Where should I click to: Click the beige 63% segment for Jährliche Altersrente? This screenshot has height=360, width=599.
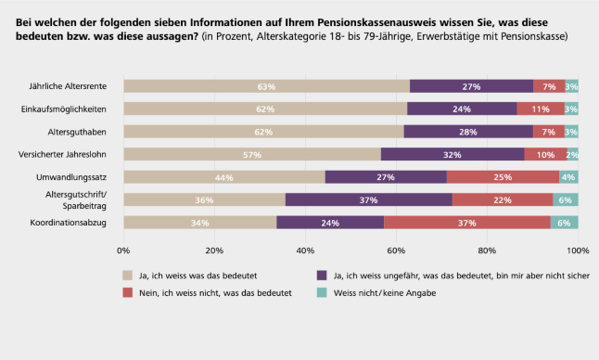267,86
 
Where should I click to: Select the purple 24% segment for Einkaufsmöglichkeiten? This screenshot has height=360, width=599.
462,109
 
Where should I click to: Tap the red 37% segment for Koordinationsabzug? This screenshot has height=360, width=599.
467,223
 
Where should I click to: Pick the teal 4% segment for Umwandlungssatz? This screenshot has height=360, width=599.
568,177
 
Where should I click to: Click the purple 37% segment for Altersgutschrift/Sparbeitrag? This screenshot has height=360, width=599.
369,199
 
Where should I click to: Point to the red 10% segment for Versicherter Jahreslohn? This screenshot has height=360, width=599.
545,154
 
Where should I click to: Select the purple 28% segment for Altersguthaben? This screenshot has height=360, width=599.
468,132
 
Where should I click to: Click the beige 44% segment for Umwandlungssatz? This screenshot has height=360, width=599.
224,177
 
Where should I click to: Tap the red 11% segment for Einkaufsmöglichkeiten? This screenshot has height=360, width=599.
541,109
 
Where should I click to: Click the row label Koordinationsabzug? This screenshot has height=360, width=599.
69,223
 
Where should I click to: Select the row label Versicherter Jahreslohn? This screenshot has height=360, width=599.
62,154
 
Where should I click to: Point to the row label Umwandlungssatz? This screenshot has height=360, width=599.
71,177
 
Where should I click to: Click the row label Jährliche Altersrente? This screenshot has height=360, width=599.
68,86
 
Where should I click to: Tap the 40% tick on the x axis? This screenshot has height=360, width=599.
305,251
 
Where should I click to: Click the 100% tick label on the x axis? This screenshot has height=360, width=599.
578,251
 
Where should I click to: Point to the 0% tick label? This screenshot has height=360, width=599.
123,251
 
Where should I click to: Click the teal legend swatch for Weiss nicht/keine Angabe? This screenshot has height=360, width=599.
322,293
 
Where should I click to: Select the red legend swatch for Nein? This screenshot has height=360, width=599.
128,293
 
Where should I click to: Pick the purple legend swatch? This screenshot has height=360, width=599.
322,276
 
